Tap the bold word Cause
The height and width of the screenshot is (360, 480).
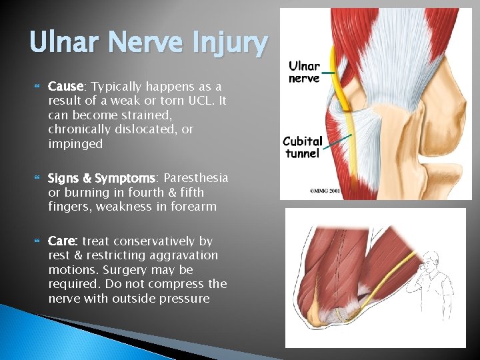click(x=65, y=87)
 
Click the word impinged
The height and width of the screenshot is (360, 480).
click(x=75, y=144)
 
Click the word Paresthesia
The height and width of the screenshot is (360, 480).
click(x=195, y=178)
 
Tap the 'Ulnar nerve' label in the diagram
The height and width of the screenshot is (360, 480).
click(x=304, y=72)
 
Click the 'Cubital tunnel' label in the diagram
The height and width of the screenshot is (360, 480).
click(x=303, y=147)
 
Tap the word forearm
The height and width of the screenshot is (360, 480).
click(x=193, y=207)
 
